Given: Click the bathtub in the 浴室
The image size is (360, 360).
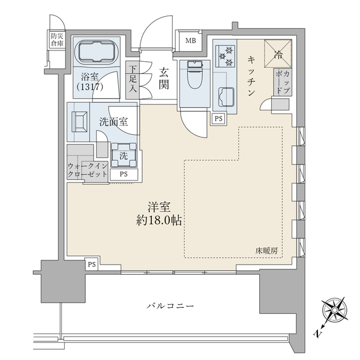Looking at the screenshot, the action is (96, 52).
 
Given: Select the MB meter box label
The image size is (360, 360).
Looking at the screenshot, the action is (191, 41).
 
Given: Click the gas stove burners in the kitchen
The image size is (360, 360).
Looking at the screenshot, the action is (225, 56).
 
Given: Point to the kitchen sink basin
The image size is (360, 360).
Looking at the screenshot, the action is (227, 97).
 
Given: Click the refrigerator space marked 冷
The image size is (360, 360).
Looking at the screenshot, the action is (278, 54).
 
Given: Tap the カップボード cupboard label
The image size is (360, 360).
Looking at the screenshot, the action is (283, 82).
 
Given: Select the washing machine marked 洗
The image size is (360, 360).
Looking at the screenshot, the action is (124, 155).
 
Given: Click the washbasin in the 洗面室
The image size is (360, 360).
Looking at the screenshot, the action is (79, 122).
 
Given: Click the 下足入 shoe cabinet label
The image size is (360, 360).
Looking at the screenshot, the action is (133, 79).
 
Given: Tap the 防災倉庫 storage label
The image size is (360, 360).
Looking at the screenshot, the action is (57, 39).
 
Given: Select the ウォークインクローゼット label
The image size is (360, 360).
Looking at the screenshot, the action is (88, 170).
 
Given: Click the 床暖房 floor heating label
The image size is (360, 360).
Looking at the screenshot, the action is (266, 251).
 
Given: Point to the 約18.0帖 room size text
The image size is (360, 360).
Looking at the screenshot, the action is (159, 221).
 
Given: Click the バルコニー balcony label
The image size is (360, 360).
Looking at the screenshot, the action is (170, 306).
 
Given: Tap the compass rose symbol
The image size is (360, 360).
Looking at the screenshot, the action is (335, 311).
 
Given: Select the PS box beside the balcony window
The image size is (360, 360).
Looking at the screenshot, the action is (92, 265).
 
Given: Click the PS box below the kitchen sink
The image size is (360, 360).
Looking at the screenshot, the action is (218, 119).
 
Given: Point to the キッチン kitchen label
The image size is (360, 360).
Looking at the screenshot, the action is (251, 76).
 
